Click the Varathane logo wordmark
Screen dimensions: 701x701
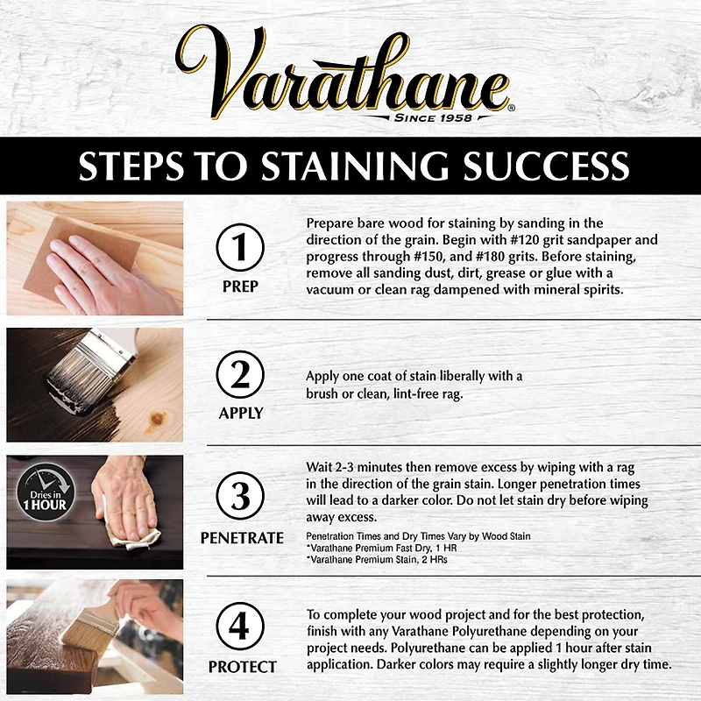(x=350, y=74)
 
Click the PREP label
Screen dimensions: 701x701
(x=240, y=286)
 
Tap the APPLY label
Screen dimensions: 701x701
(x=240, y=413)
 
